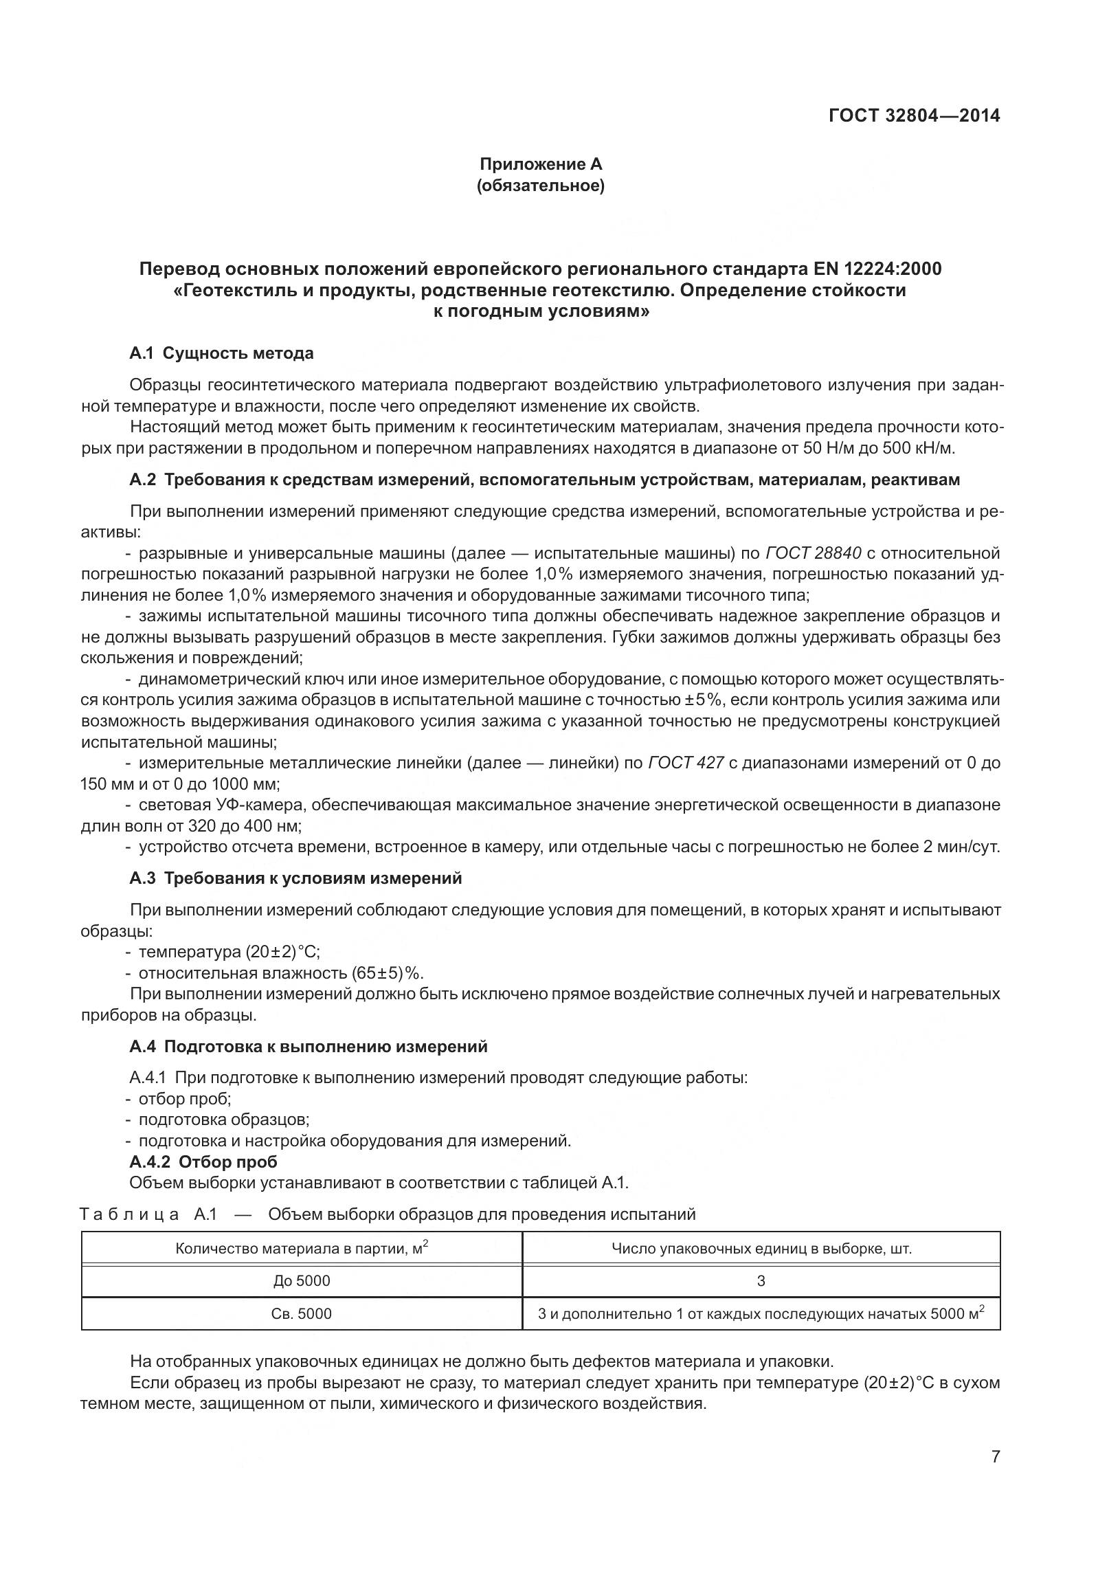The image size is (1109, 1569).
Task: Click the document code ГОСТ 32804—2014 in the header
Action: [914, 115]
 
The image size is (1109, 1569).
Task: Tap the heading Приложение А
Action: [540, 164]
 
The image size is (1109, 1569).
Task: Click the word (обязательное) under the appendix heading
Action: [540, 186]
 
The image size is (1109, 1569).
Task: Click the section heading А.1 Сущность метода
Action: [221, 353]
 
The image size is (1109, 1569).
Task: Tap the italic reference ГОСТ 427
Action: [685, 763]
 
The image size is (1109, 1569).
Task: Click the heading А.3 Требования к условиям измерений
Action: [295, 878]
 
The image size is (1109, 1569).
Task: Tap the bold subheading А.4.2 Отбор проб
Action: [203, 1161]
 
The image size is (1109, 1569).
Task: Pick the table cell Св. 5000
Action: [302, 1314]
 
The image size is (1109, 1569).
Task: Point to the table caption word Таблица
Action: [130, 1214]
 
